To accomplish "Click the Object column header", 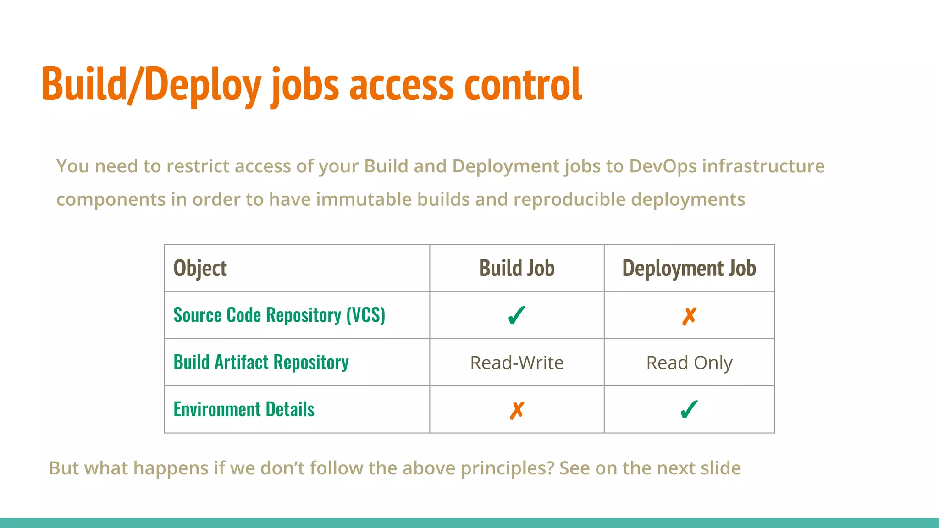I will [x=200, y=269].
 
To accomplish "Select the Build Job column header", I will [x=517, y=269].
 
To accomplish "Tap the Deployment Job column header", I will [x=689, y=269].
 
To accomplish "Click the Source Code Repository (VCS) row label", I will [x=279, y=315].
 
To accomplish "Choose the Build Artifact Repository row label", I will [x=261, y=363].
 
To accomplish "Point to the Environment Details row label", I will [x=244, y=410].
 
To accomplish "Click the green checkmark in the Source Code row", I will [x=517, y=316].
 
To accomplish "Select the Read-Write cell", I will [x=517, y=363].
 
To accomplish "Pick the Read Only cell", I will [x=689, y=363].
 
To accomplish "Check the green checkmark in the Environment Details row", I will [x=689, y=410].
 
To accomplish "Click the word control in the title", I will [x=523, y=85].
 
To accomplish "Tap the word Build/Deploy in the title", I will [x=151, y=85].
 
